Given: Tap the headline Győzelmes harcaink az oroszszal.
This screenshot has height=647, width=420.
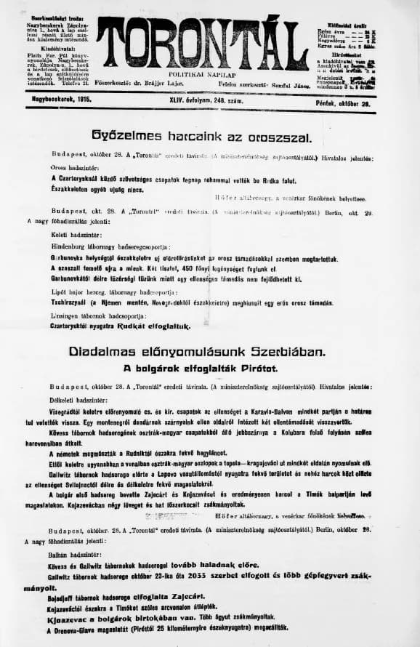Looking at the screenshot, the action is point(202,135).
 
